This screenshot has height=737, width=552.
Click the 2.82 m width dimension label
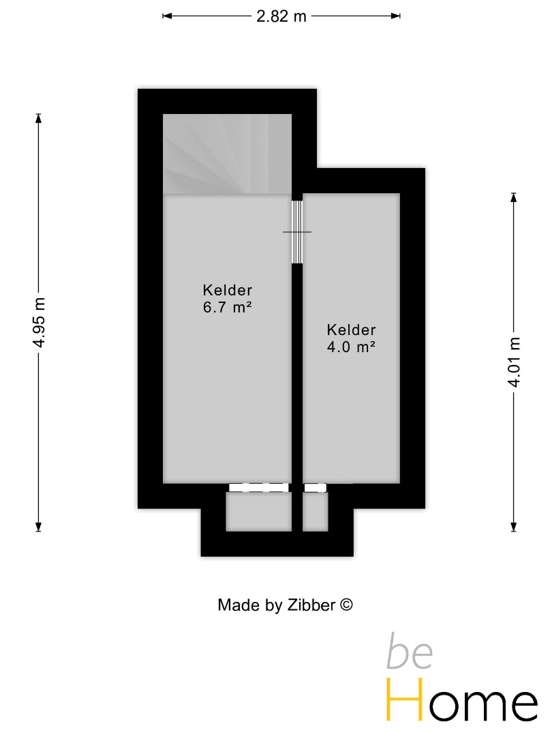click(281, 16)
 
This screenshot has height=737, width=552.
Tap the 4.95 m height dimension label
click(39, 322)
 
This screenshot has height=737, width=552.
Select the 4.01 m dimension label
click(514, 362)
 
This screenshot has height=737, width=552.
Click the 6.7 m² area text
click(228, 307)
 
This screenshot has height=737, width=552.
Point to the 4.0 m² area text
click(351, 347)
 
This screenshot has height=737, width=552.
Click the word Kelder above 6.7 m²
click(228, 290)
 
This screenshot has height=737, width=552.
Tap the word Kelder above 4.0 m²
click(351, 330)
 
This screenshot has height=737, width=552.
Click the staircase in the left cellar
click(227, 154)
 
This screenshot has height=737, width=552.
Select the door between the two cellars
click(296, 232)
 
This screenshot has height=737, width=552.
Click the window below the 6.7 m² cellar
click(259, 488)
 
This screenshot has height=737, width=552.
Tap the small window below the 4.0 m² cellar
click(316, 488)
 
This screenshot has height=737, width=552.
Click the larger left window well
click(259, 511)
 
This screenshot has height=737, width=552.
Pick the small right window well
click(315, 511)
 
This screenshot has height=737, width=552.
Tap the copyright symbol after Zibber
click(346, 605)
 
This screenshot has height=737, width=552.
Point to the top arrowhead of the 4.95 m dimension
click(39, 118)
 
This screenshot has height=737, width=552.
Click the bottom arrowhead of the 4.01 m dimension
click(514, 527)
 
